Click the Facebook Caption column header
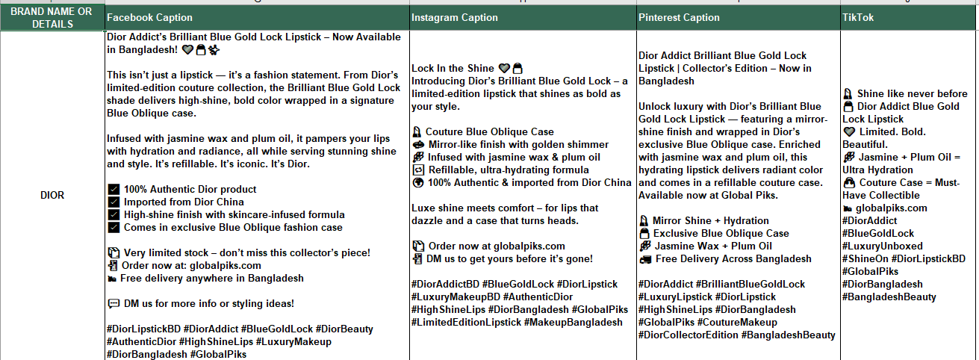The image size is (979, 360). [x=149, y=17]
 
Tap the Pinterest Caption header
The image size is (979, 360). [x=679, y=17]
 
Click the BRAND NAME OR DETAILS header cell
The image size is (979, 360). [x=52, y=17]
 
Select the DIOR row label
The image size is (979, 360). [x=52, y=196]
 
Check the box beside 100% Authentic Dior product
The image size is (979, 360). [x=114, y=190]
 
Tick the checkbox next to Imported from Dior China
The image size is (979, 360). [x=114, y=202]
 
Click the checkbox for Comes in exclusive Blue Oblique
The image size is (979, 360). [x=114, y=228]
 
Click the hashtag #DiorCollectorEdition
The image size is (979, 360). [x=688, y=335]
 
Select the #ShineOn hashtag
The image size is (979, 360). [x=865, y=258]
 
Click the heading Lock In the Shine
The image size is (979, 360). [x=453, y=68]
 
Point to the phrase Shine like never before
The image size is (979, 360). [x=912, y=94]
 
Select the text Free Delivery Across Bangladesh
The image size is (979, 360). [x=733, y=259]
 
